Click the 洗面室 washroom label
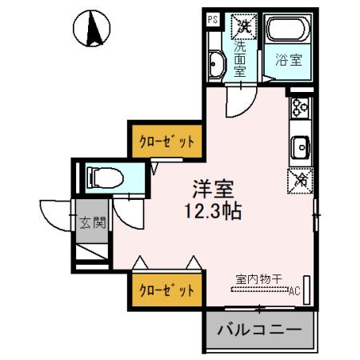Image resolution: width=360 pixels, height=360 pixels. [x=240, y=58]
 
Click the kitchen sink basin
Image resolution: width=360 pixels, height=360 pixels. [x=301, y=148]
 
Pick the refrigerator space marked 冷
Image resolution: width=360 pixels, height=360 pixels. [x=300, y=180]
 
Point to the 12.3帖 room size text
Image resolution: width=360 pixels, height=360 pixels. [x=211, y=213]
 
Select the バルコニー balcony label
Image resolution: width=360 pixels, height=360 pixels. [x=258, y=329]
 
